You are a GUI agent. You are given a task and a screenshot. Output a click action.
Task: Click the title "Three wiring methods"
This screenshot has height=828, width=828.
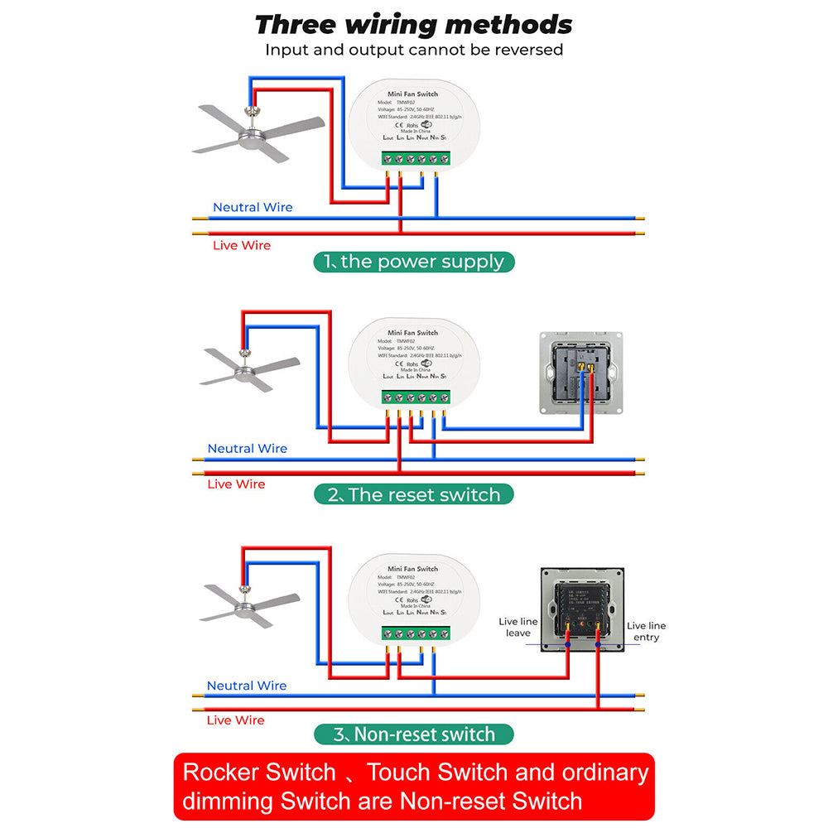point(414,24)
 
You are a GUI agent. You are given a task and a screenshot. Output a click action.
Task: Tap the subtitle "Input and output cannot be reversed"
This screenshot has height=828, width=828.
point(414,50)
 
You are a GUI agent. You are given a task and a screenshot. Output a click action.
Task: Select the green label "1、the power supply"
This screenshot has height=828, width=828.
point(414,262)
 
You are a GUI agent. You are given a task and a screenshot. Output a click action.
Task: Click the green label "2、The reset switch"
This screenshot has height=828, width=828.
point(414,495)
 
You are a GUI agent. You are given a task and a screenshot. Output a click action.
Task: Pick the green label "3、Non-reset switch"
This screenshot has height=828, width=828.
point(414,734)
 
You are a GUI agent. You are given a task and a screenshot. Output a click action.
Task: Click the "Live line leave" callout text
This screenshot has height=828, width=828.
point(518,627)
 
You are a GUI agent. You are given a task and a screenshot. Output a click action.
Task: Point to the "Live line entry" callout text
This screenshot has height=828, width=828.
point(646,631)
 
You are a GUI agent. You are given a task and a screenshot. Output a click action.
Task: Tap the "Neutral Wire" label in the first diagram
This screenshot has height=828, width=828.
point(253,207)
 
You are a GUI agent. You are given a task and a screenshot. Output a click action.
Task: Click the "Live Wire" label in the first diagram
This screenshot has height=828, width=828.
point(242,245)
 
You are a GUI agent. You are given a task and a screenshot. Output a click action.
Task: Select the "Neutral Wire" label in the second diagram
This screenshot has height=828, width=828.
point(247,448)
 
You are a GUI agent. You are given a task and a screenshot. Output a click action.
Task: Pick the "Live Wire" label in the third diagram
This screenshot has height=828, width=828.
point(236,720)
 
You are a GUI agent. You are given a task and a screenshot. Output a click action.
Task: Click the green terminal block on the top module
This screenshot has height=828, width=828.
point(416,158)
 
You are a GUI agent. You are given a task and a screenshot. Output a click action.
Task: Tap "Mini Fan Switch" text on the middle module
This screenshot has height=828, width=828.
point(413,333)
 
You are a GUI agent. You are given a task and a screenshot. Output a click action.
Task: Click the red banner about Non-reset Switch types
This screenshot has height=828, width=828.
point(414,787)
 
